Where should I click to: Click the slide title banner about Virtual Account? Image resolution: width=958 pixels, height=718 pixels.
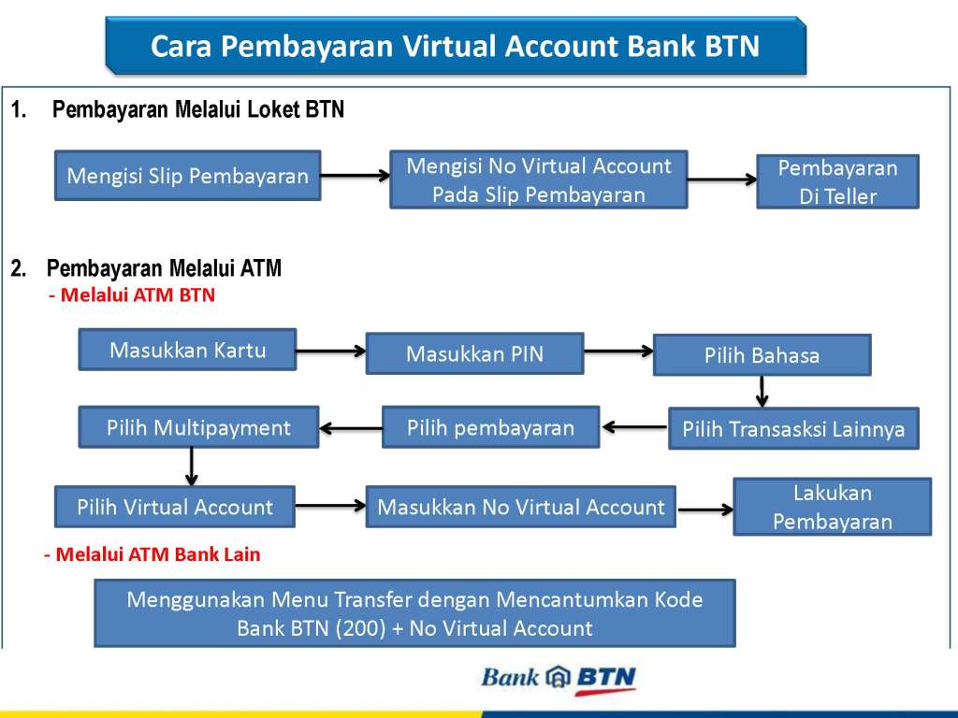(x=455, y=46)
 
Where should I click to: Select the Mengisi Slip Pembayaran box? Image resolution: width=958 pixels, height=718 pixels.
(x=187, y=176)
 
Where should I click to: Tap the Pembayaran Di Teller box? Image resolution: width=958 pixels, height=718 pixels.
(x=837, y=181)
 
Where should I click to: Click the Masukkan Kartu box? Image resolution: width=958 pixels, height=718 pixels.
(x=187, y=350)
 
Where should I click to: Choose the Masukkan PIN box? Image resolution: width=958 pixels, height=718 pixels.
(x=474, y=353)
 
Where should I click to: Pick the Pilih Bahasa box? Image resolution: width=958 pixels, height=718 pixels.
(x=762, y=355)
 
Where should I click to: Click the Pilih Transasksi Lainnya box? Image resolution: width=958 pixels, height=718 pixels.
(x=793, y=429)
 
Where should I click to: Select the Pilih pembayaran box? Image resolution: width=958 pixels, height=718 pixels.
(x=490, y=427)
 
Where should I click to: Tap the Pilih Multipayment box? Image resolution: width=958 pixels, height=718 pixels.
(x=198, y=427)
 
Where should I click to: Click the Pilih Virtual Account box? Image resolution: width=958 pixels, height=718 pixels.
(x=175, y=507)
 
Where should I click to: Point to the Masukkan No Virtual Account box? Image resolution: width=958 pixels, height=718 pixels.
(x=520, y=507)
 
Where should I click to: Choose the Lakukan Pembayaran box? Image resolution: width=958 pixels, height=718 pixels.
(x=832, y=507)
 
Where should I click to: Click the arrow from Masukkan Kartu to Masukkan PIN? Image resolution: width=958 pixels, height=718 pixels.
(x=331, y=352)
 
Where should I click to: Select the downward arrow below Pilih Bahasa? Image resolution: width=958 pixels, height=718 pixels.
(x=762, y=391)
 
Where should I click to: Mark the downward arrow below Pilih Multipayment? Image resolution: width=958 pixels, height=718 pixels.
(x=191, y=466)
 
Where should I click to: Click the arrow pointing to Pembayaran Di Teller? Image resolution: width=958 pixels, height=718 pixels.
(x=721, y=179)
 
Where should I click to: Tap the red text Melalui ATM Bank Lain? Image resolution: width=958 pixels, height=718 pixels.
(x=153, y=554)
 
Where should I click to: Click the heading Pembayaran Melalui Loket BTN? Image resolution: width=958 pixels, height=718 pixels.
(x=198, y=110)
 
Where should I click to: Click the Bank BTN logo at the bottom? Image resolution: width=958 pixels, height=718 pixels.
(x=558, y=678)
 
